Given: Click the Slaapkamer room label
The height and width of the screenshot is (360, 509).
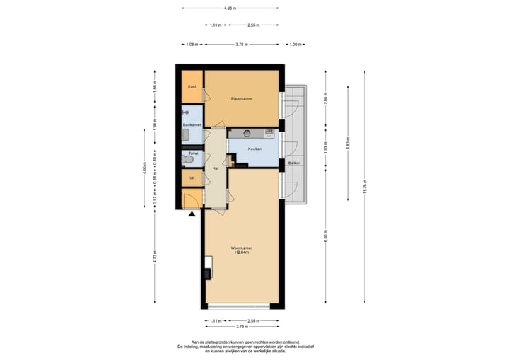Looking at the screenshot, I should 242,98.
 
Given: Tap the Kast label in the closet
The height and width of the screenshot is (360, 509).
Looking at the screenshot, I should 192,87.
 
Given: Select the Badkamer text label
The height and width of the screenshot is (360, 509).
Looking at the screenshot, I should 192,124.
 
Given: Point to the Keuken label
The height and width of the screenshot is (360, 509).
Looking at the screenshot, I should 255,149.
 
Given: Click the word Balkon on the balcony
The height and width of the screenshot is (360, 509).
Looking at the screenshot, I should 295,163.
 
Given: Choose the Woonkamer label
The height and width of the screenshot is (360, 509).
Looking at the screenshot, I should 242,248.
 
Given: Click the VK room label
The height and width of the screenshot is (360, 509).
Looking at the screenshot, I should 192,178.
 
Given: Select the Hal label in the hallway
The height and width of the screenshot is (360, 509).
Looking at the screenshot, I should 215,168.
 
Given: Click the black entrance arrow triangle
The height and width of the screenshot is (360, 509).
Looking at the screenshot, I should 192,215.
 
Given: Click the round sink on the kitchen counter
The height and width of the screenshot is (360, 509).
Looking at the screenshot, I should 245,132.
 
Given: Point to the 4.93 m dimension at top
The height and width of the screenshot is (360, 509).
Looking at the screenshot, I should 230,8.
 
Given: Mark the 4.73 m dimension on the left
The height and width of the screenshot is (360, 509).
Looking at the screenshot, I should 155,258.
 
